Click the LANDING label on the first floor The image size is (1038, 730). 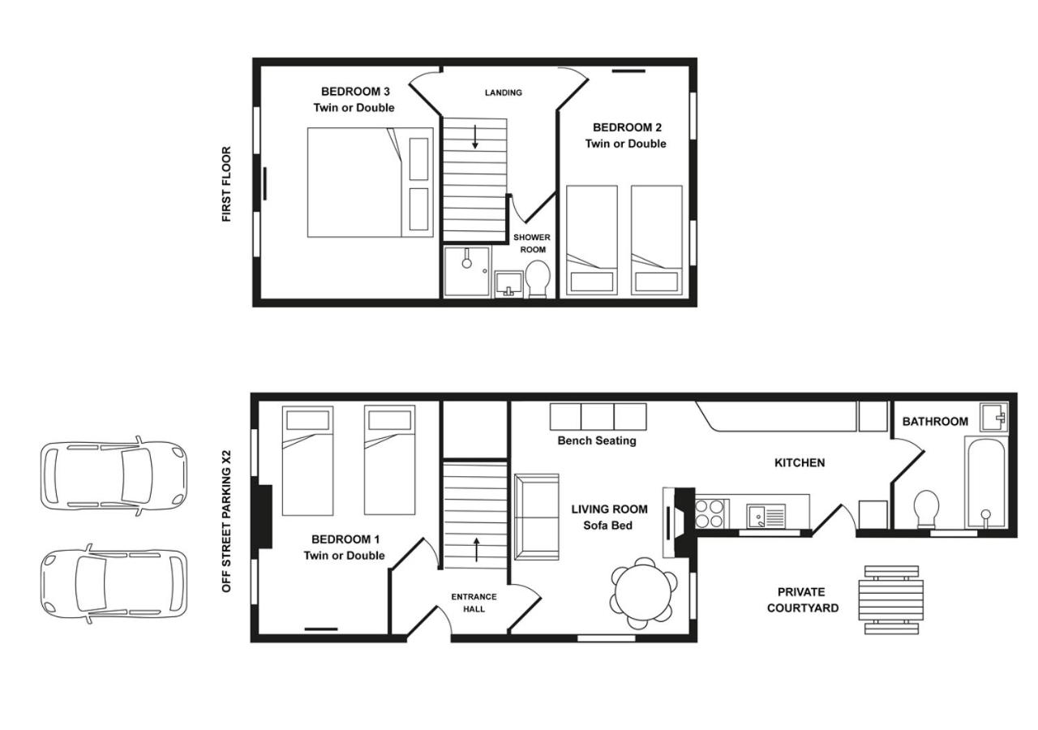504,92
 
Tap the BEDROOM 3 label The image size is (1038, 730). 355,92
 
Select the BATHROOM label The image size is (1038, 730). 935,421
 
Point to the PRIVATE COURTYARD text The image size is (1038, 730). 803,599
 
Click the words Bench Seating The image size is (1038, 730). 597,440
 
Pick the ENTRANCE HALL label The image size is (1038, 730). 474,603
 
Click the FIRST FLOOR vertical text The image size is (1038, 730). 226,184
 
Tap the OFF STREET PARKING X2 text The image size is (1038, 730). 226,521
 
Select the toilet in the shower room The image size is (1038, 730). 538,279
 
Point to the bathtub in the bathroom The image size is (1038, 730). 985,482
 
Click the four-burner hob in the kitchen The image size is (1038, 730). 710,513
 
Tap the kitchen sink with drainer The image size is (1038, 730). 766,516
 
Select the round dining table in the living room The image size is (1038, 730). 644,593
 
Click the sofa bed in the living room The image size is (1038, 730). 537,517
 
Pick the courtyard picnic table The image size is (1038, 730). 891,599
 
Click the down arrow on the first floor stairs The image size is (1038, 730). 475,136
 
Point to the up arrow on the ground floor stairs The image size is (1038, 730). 476,550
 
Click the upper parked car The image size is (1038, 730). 114,476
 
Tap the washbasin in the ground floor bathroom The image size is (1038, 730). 993,417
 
